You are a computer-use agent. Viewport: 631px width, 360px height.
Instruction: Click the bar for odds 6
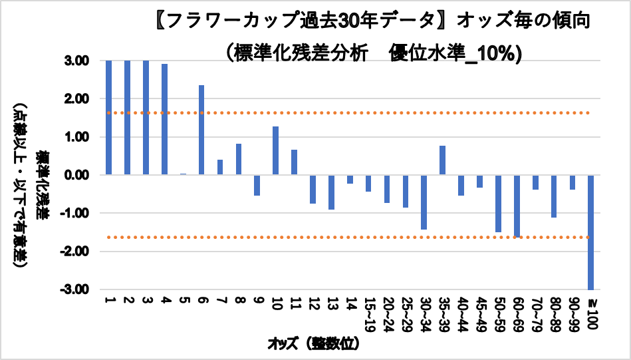coord(201,130)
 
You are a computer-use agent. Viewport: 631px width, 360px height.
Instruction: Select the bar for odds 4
coord(164,119)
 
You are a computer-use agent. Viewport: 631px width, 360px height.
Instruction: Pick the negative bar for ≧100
coord(590,232)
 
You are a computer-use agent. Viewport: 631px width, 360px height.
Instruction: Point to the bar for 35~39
coord(442,160)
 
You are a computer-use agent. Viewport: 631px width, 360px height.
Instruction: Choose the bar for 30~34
coord(424,202)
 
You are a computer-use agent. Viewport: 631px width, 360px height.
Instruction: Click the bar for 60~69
coord(517,206)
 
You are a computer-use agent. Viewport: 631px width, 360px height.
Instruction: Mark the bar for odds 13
coord(331,192)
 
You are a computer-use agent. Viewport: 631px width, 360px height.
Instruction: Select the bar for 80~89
coord(553,196)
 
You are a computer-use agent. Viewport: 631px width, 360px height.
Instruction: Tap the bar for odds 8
coord(238,159)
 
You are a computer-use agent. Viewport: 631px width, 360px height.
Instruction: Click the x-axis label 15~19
coord(368,313)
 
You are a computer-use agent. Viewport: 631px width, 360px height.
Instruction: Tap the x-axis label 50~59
coord(498,313)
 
